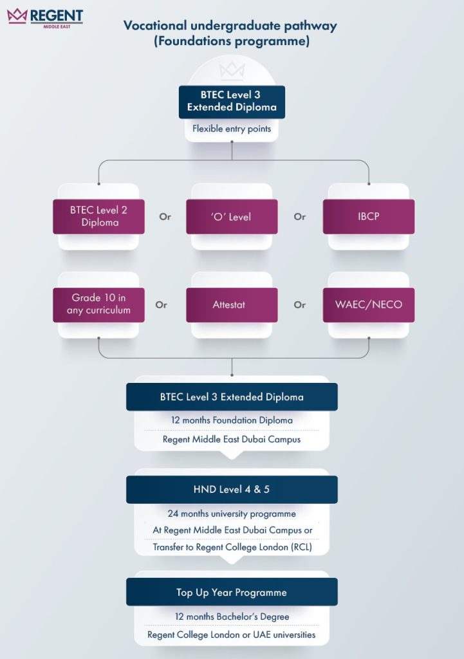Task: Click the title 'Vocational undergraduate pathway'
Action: point(230,26)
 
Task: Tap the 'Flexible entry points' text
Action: point(232,129)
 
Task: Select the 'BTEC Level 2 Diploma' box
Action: point(98,216)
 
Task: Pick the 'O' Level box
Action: point(232,216)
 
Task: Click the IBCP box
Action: point(369,216)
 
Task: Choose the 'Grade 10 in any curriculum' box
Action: point(98,304)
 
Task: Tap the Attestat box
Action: point(232,304)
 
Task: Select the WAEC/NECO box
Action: point(369,304)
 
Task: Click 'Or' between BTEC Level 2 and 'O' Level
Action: point(165,216)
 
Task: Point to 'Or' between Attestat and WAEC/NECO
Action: point(300,304)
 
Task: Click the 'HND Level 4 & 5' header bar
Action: point(232,489)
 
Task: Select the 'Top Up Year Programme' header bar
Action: point(232,592)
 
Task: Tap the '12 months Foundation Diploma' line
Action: point(232,420)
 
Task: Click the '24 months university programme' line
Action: point(232,514)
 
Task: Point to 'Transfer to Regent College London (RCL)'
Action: point(232,547)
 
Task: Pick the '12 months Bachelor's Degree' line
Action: point(232,617)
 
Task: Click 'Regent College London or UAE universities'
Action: point(232,635)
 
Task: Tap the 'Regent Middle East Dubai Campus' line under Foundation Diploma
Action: point(232,439)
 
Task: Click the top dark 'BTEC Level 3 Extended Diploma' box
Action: point(232,102)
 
